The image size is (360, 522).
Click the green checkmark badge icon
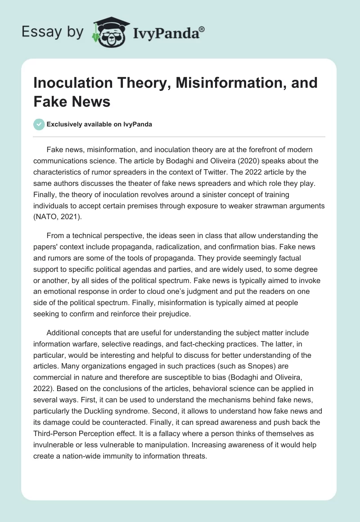(x=39, y=124)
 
